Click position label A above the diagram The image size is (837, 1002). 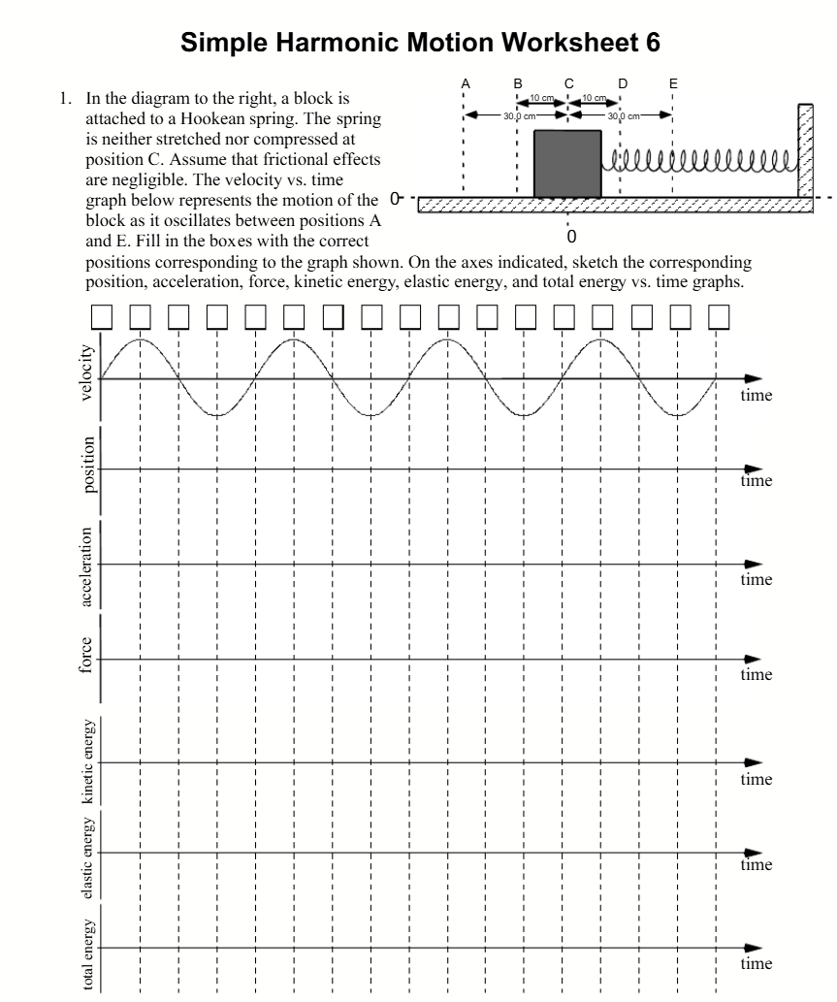(x=465, y=83)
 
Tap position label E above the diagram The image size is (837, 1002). (x=673, y=83)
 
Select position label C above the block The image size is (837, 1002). (x=568, y=83)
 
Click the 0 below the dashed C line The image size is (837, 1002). (x=571, y=236)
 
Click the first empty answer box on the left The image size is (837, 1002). (x=102, y=316)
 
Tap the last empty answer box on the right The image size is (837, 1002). (x=718, y=316)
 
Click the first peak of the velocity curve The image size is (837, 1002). (x=141, y=340)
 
